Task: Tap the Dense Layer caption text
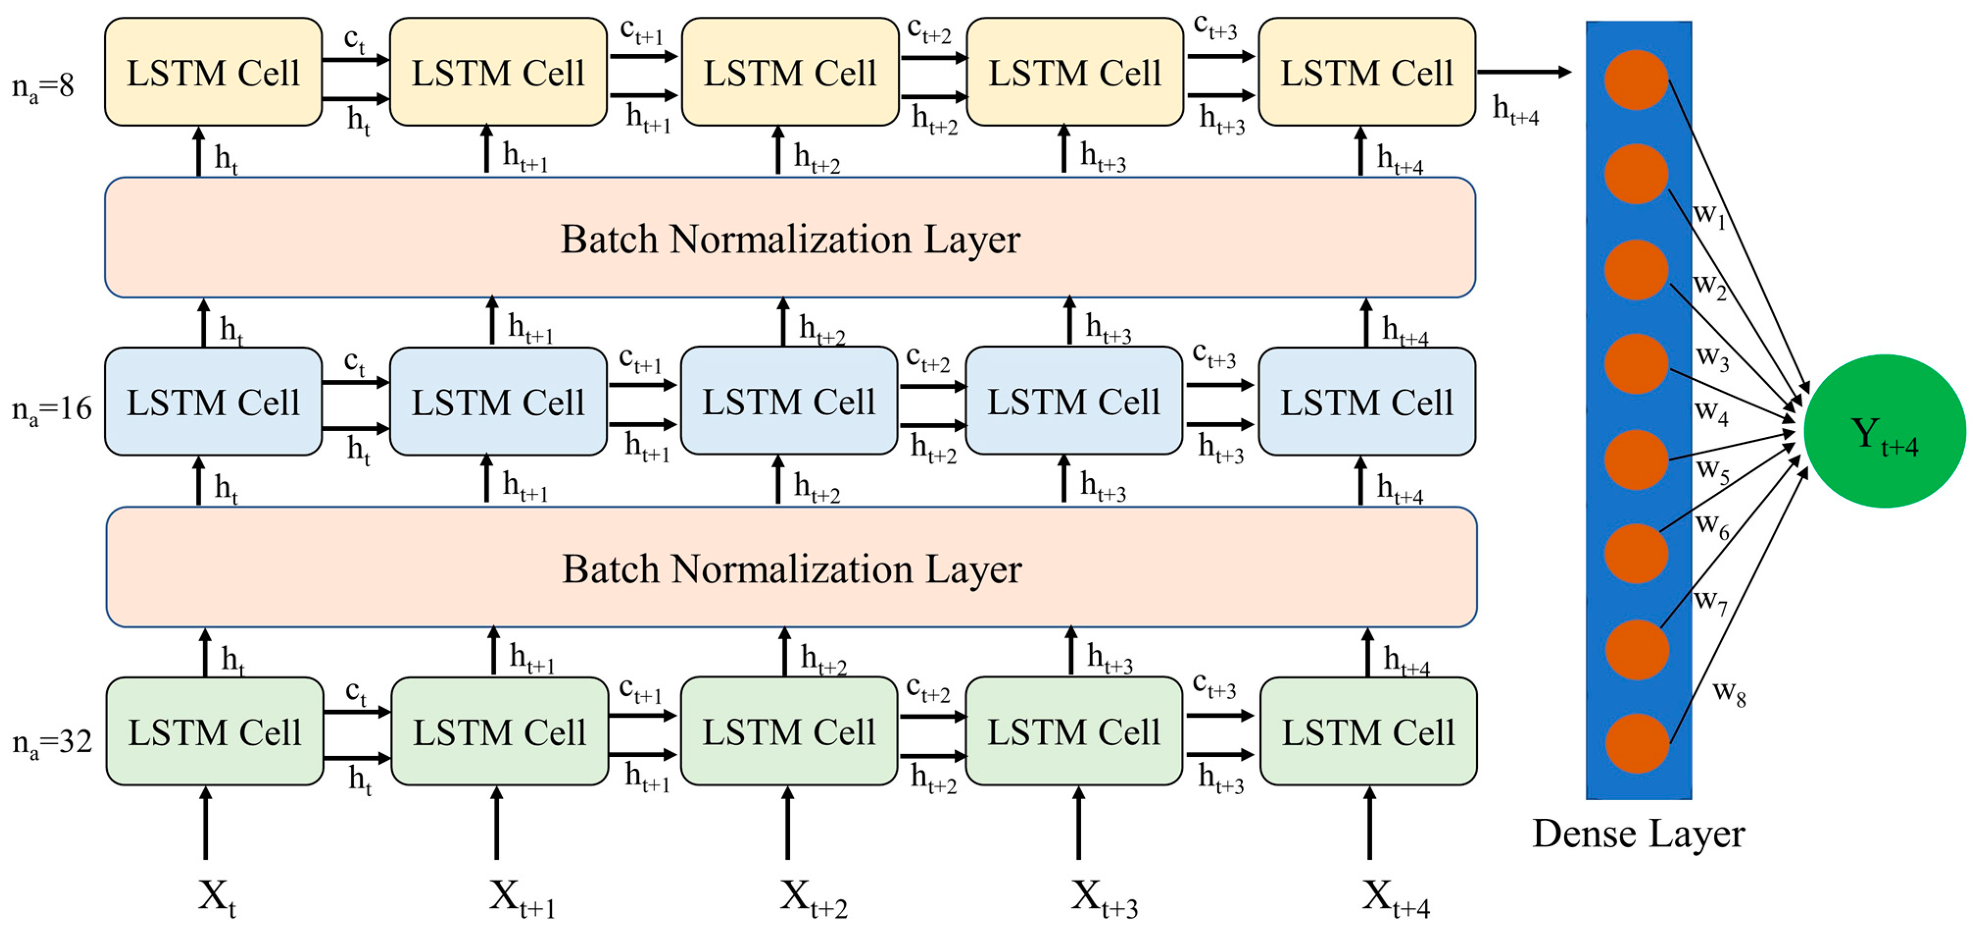(x=1638, y=834)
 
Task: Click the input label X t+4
(x=1394, y=898)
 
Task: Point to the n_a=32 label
(x=51, y=742)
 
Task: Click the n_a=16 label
(x=51, y=408)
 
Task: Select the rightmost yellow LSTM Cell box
(x=1366, y=72)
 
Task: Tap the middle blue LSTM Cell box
(x=788, y=402)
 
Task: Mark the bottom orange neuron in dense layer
(x=1637, y=743)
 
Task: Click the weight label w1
(x=1710, y=215)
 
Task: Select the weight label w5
(x=1712, y=469)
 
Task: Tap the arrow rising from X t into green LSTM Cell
(x=205, y=823)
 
